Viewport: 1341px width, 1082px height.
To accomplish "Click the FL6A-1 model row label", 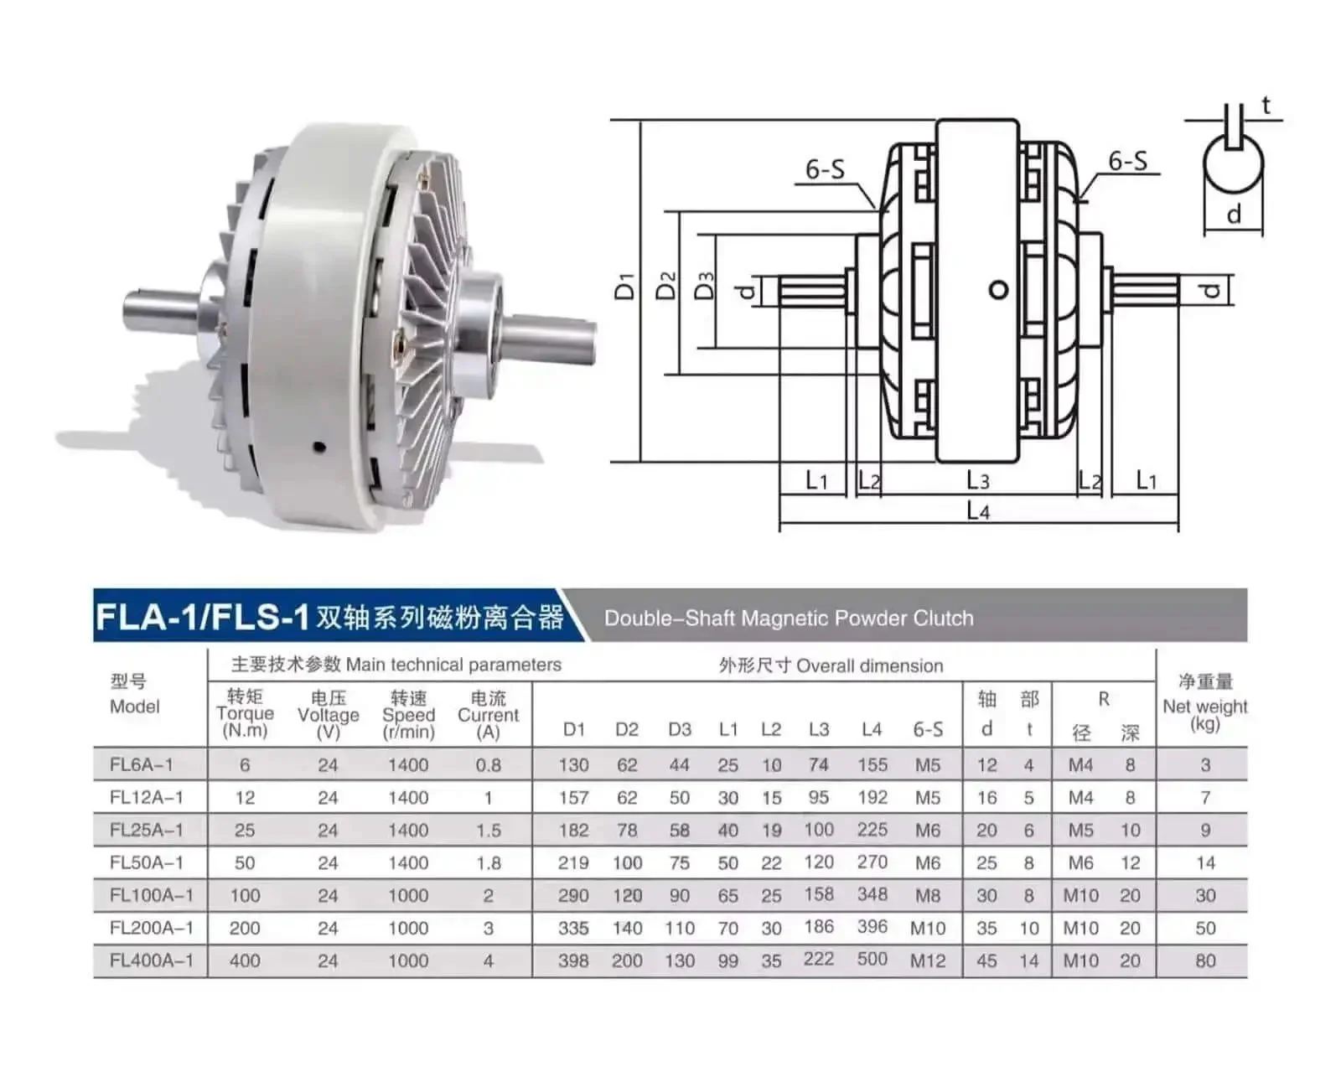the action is pos(142,764).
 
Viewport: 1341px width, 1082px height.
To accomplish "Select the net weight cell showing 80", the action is pos(1205,960).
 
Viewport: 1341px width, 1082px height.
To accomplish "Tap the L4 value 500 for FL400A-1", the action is pos(872,959).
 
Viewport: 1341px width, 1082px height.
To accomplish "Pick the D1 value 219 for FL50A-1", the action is pos(573,862).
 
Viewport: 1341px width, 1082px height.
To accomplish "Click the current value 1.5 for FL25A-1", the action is pos(488,831).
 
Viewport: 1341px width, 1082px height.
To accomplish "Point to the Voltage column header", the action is pos(329,715).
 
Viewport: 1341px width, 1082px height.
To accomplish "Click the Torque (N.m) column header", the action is pos(245,713).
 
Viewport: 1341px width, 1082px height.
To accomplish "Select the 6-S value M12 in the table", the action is pos(927,960).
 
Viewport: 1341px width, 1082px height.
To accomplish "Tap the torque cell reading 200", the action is pos(244,928).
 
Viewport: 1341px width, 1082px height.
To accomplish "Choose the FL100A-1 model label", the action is pos(152,895).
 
